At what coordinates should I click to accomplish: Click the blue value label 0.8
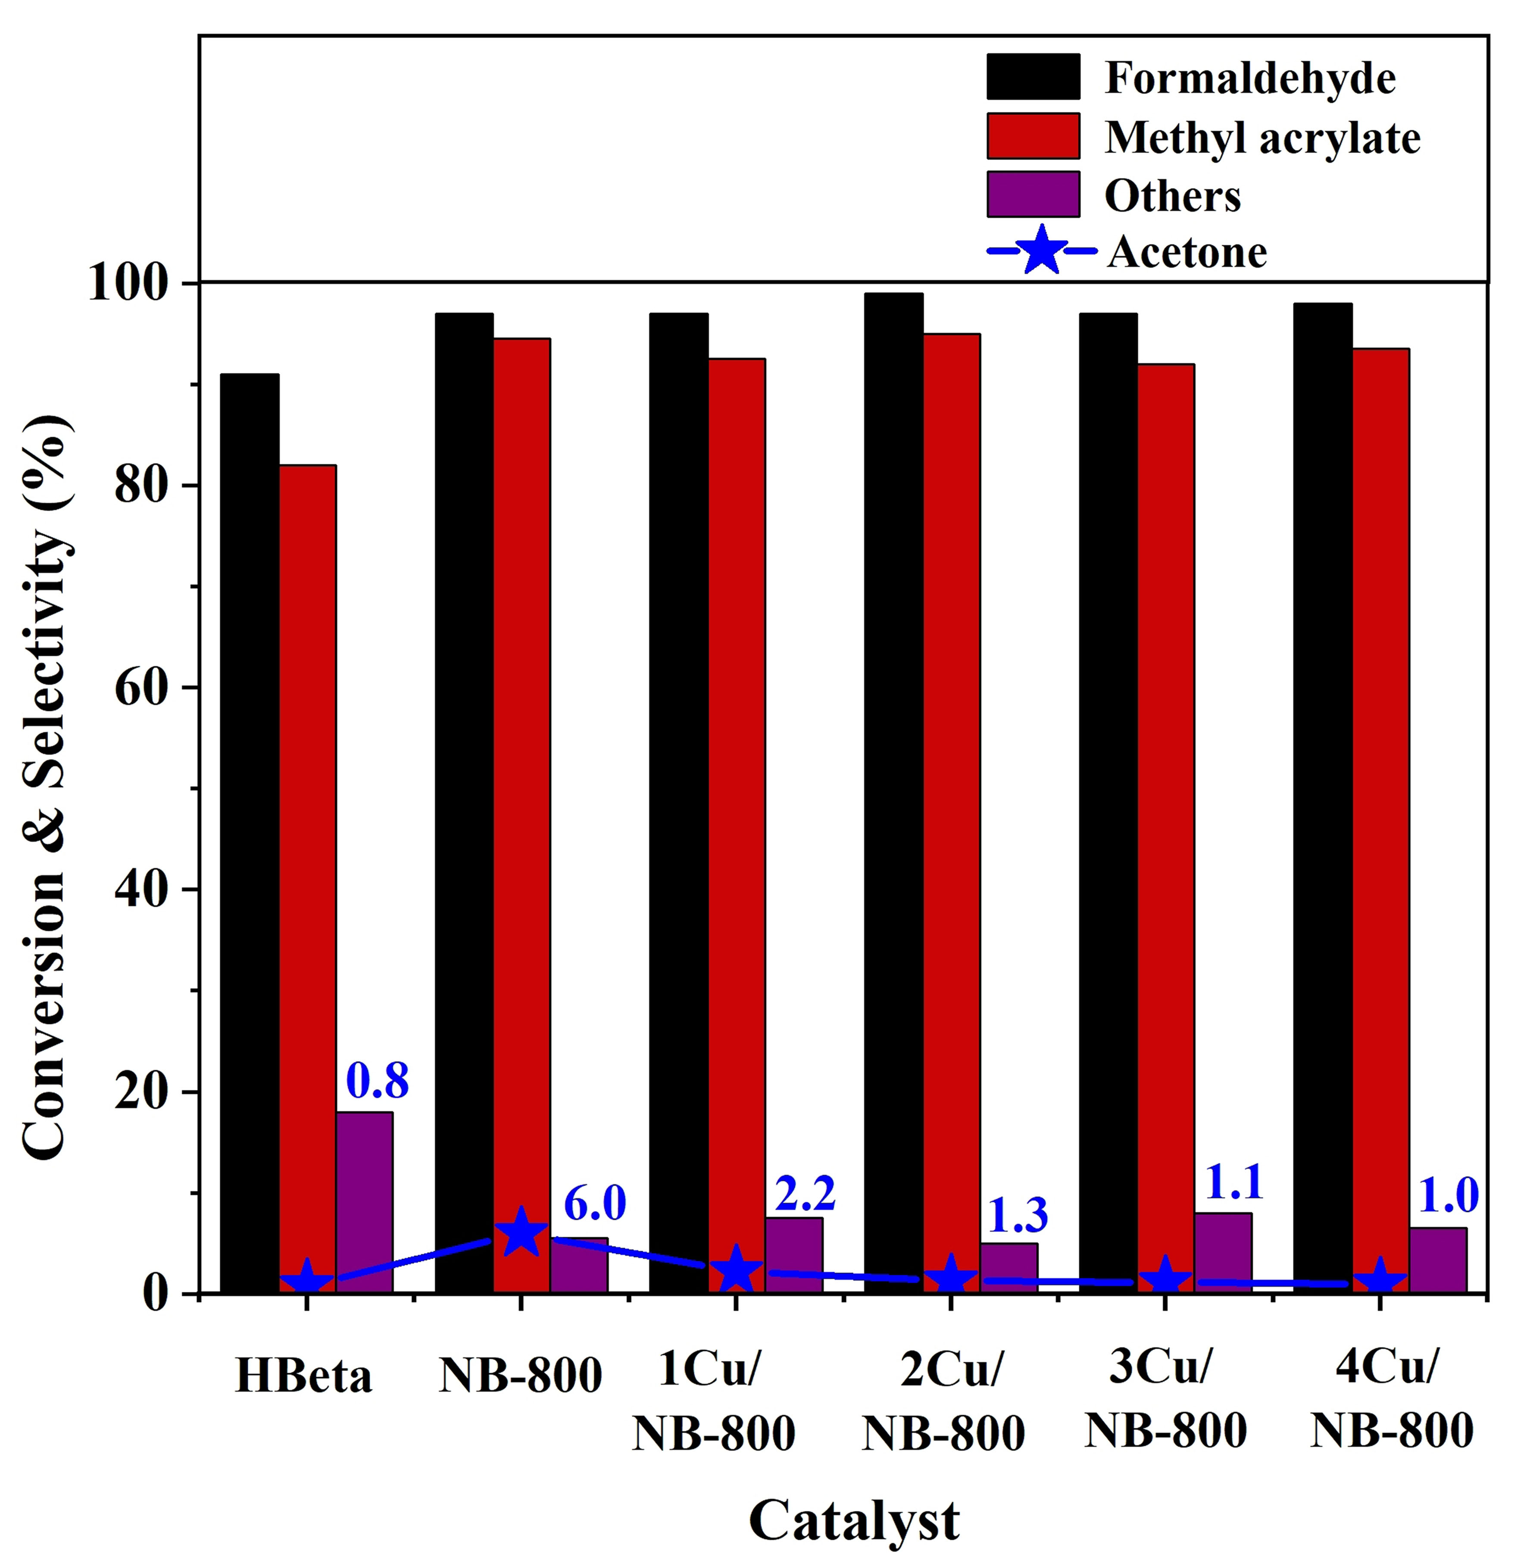pyautogui.click(x=377, y=1080)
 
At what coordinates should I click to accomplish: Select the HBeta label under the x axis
pyautogui.click(x=304, y=1375)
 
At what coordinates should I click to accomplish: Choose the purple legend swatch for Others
pyautogui.click(x=1033, y=194)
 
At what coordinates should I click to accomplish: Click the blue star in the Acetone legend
pyautogui.click(x=1041, y=251)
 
